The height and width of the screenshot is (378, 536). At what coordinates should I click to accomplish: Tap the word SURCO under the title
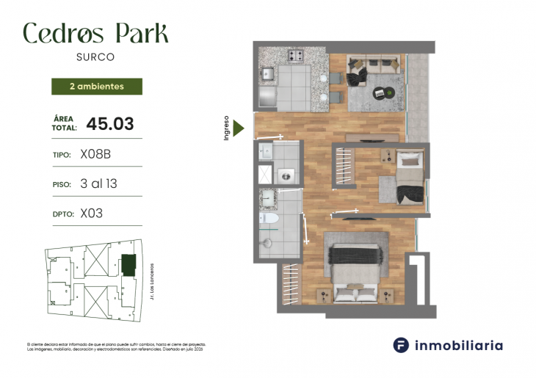coord(95,56)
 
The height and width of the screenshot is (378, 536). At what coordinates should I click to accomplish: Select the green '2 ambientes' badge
coord(96,87)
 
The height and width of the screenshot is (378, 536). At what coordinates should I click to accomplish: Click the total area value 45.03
coord(110,124)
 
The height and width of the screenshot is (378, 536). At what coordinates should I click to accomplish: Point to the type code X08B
coord(95,155)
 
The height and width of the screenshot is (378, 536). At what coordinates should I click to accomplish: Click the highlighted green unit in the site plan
coord(128,265)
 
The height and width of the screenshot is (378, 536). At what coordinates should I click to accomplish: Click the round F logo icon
coord(401,345)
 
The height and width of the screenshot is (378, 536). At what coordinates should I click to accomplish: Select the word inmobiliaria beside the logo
coord(460,345)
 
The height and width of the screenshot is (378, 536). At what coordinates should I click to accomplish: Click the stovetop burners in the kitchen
coord(296,56)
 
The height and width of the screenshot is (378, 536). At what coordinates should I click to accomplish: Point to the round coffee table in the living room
coord(380,92)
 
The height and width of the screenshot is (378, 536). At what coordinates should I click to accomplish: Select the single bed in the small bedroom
coord(410,176)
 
